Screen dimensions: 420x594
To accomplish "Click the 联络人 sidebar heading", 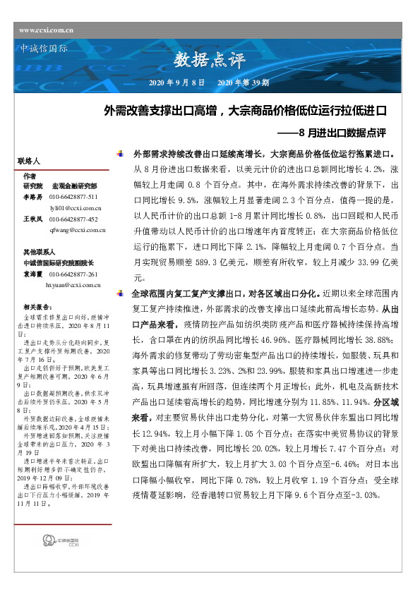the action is (29, 162).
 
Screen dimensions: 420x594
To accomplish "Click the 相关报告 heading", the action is (36, 307).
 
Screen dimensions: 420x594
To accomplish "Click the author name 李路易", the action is (33, 196).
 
